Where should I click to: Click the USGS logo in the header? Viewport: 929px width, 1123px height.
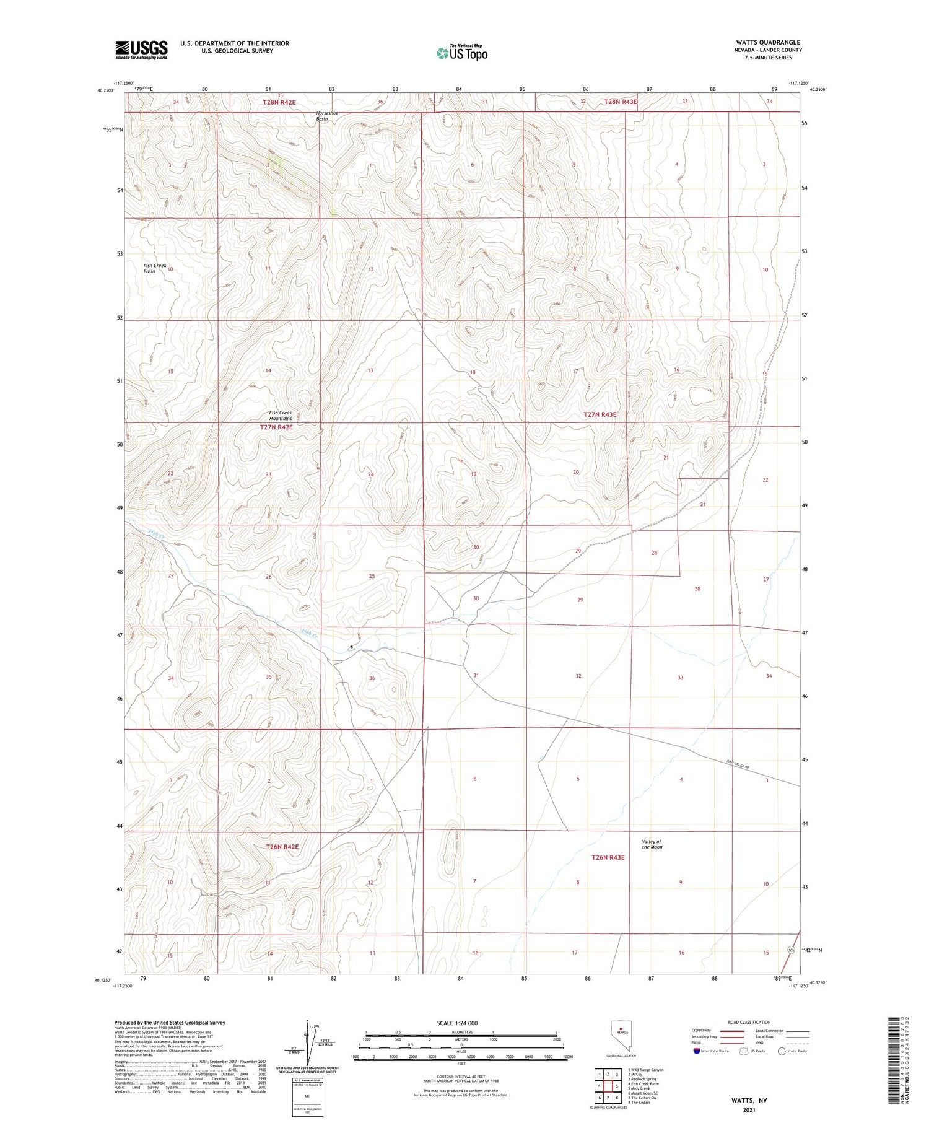(141, 50)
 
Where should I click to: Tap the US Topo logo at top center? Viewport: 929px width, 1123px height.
(461, 53)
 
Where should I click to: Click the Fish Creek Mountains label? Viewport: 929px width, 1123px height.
(281, 415)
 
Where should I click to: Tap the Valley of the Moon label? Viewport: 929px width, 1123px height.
(652, 844)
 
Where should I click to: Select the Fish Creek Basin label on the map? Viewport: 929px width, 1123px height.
(155, 268)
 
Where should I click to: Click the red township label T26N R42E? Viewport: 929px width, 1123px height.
(282, 847)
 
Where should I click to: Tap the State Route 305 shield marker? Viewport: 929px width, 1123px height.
(791, 950)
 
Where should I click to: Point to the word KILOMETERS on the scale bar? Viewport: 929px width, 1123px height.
(462, 1032)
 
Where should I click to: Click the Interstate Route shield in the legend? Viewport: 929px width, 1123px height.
(697, 1051)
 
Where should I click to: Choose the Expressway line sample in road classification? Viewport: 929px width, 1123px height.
(731, 1031)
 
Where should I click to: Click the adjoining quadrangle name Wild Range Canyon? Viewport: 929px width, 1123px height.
(648, 1070)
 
